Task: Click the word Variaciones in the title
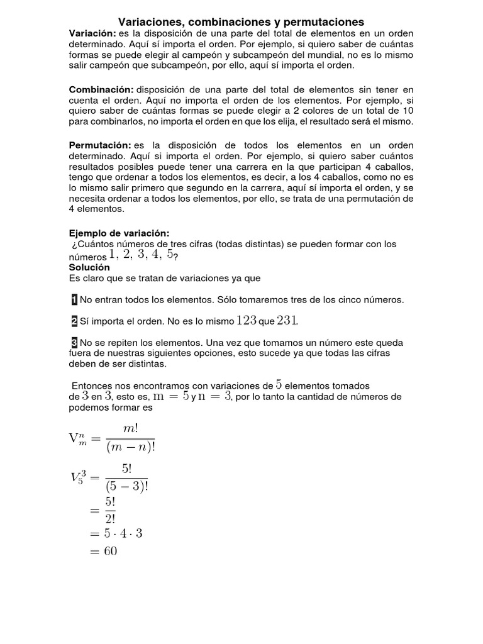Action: click(148, 22)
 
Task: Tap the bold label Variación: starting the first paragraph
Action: click(92, 33)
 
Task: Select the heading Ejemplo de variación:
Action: click(119, 233)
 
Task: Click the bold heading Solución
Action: click(89, 267)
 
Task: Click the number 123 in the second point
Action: click(246, 321)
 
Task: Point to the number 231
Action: click(287, 321)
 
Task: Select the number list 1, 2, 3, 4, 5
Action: click(141, 255)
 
